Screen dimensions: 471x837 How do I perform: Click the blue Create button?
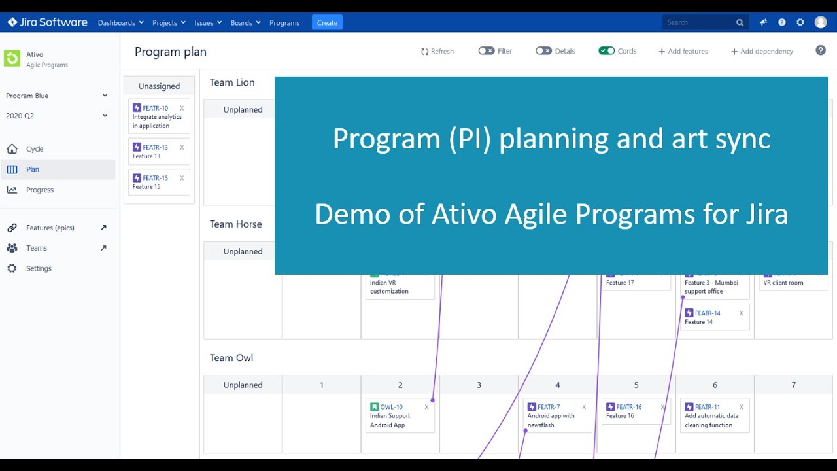click(327, 22)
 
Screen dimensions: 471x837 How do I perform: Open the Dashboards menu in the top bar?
click(120, 22)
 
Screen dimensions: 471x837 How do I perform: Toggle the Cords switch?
click(606, 51)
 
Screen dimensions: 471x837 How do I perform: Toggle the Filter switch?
click(486, 51)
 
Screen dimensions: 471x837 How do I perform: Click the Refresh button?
click(437, 51)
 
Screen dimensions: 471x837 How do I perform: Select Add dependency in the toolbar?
click(762, 51)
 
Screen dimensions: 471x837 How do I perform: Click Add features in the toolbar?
click(683, 51)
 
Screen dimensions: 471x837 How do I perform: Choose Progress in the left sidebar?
click(40, 190)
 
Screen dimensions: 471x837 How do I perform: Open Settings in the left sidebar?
click(39, 268)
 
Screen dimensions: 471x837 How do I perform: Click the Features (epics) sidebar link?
click(50, 228)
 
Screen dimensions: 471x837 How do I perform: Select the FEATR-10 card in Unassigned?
click(158, 116)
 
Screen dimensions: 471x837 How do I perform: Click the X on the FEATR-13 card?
click(182, 148)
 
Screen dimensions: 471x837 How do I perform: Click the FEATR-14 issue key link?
click(708, 313)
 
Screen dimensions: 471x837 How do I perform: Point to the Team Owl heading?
click(231, 358)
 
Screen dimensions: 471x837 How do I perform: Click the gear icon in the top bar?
click(800, 22)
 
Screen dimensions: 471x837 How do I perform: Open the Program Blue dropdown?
click(56, 96)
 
